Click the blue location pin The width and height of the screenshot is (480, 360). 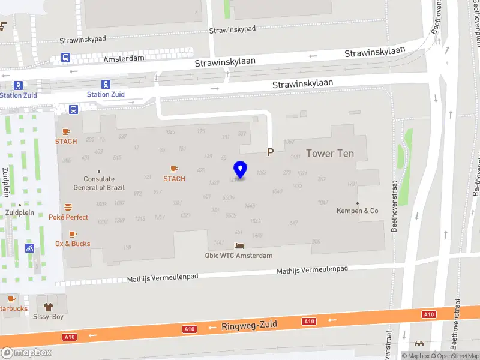pos(240,170)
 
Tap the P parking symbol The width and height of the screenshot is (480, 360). pos(270,152)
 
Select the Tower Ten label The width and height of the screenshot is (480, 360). pos(330,153)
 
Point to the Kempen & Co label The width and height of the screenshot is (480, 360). pos(358,211)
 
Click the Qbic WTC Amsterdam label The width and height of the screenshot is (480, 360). pos(239,256)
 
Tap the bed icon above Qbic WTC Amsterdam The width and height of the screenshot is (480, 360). pos(239,245)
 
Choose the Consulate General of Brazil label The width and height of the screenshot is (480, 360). pos(99,183)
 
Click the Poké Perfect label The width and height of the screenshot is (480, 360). pos(68,217)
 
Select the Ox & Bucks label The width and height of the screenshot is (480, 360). pos(73,244)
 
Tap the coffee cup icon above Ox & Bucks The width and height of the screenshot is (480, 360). pos(73,233)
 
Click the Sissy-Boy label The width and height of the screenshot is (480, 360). pos(48,316)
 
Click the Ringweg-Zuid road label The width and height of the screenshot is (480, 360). pos(249,326)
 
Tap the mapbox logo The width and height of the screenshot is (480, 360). pos(26,353)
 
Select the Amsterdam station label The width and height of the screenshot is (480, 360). pos(124,59)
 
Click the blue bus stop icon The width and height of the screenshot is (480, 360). pos(73,109)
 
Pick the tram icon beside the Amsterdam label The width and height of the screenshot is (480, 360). pos(65,58)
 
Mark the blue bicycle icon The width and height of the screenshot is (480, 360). pos(29,248)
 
